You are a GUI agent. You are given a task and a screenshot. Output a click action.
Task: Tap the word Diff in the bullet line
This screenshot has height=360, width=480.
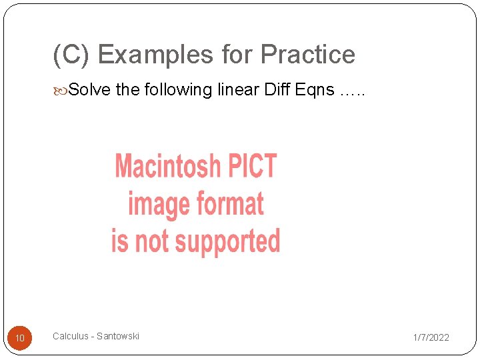277,89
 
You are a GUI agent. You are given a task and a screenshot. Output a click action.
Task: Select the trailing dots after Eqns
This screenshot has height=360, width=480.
352,92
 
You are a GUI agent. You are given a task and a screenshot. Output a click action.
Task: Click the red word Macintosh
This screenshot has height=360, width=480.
167,166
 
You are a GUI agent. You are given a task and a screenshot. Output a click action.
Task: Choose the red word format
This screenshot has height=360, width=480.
227,203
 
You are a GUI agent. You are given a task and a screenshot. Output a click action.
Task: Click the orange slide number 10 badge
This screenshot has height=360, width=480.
20,339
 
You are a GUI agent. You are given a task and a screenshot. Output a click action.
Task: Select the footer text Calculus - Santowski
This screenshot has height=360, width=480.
96,336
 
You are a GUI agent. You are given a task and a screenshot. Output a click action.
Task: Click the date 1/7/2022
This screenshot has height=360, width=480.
431,337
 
